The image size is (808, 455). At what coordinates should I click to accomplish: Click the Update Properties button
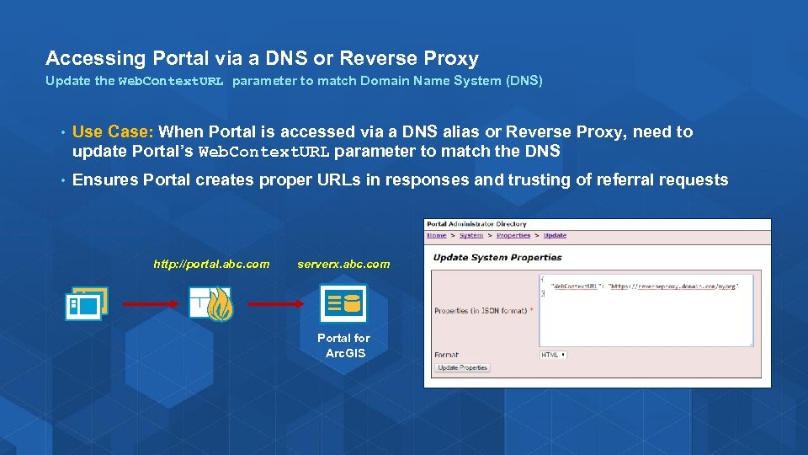click(x=463, y=367)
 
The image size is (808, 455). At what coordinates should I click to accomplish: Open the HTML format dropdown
click(x=553, y=355)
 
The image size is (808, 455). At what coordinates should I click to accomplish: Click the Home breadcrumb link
click(x=436, y=236)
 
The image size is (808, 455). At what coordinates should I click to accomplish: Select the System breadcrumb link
click(x=471, y=236)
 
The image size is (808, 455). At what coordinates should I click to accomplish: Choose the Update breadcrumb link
click(x=555, y=236)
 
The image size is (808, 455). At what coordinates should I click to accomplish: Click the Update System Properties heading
click(x=497, y=257)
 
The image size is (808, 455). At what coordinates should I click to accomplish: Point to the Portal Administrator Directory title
click(x=476, y=224)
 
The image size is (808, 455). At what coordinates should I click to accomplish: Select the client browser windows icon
click(x=87, y=303)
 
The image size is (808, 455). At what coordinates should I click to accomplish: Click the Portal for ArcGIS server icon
click(x=343, y=304)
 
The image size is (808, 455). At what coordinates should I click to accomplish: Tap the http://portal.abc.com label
click(x=211, y=264)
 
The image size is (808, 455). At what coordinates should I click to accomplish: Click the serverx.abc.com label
click(x=343, y=264)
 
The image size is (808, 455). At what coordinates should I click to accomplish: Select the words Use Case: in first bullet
click(x=113, y=131)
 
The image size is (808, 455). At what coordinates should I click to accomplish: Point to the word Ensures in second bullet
click(x=105, y=179)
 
